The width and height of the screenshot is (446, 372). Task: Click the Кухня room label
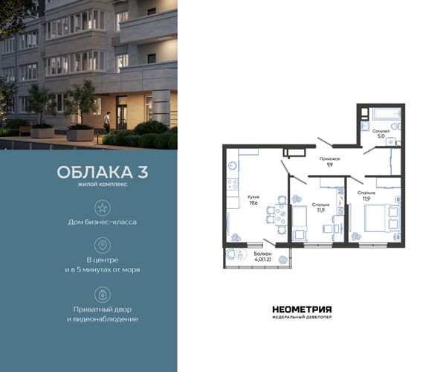[253, 197]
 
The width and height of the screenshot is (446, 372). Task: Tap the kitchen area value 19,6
[253, 203]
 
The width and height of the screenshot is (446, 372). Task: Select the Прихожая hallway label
[329, 158]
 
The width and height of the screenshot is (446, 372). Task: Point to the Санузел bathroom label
[381, 131]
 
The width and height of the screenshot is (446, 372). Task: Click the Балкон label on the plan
[262, 254]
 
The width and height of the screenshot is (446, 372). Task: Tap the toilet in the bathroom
[395, 126]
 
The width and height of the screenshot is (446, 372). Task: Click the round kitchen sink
[233, 166]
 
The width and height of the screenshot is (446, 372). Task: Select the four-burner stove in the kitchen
[233, 183]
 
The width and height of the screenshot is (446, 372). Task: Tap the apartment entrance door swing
[325, 142]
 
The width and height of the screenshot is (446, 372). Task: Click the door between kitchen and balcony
[269, 243]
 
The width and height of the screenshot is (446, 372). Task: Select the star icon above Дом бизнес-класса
[103, 208]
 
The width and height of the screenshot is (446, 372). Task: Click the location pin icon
[103, 245]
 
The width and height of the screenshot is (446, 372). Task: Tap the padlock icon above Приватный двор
[103, 295]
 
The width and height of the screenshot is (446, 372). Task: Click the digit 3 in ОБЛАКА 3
[143, 172]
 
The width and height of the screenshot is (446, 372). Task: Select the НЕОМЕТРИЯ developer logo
[302, 312]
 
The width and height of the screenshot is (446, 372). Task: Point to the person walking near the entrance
[106, 122]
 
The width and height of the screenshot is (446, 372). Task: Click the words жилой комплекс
[103, 185]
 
